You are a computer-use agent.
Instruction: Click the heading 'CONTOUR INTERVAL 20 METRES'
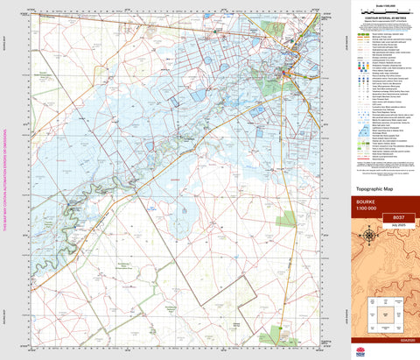[x=383, y=26]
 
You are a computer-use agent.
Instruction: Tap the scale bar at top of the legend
[x=383, y=13]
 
